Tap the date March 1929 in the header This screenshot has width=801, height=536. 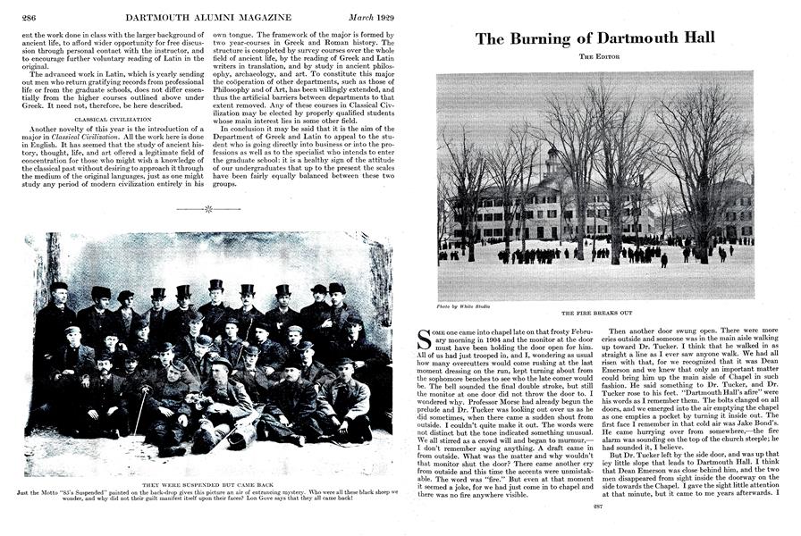(x=366, y=16)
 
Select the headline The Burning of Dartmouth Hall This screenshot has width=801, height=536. (x=594, y=38)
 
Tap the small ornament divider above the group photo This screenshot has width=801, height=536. (x=208, y=210)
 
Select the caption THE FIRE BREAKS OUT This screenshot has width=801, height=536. (x=594, y=314)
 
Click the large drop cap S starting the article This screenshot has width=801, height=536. (x=426, y=338)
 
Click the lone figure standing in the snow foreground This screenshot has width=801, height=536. (x=663, y=260)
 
